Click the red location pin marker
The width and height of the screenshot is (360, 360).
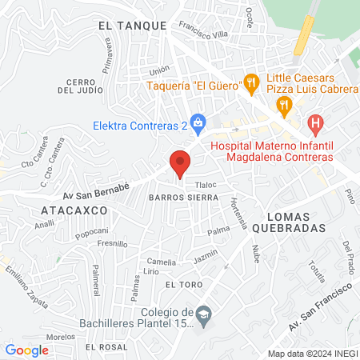(x=180, y=164)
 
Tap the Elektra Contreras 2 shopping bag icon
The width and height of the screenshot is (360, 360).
(x=200, y=122)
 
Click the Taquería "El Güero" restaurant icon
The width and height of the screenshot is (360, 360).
(x=251, y=81)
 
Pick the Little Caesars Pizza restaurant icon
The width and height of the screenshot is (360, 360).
(x=283, y=104)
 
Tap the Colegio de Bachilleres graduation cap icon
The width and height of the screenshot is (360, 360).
(x=204, y=312)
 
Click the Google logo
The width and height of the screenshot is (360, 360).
(x=27, y=350)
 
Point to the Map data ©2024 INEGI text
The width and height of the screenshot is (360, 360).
(x=311, y=354)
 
